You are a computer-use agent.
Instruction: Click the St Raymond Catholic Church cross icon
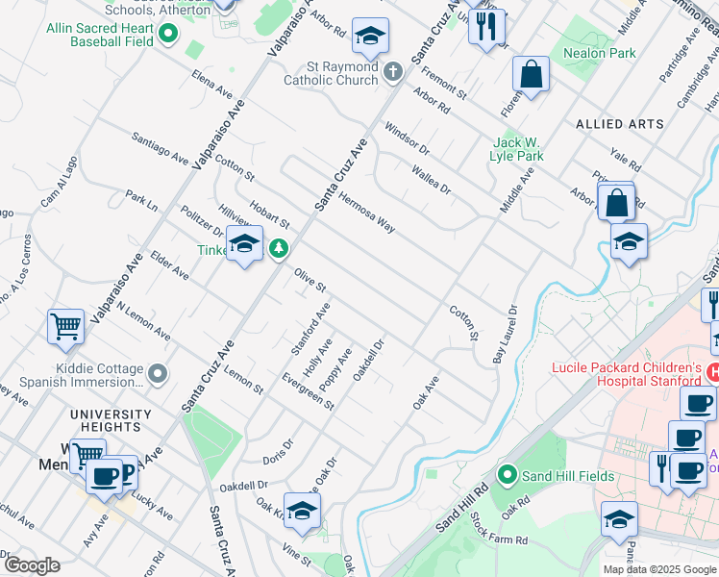coord(392,71)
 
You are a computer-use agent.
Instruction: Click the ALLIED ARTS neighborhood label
coord(619,124)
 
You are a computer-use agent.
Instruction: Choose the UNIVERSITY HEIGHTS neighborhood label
coord(111,420)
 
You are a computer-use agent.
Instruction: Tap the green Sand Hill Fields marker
coord(508,475)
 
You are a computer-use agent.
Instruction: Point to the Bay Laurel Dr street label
coord(504,334)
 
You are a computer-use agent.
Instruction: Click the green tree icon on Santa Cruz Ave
coord(279,249)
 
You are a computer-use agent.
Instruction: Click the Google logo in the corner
coord(31,564)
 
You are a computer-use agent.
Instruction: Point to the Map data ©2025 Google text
coord(658,569)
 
